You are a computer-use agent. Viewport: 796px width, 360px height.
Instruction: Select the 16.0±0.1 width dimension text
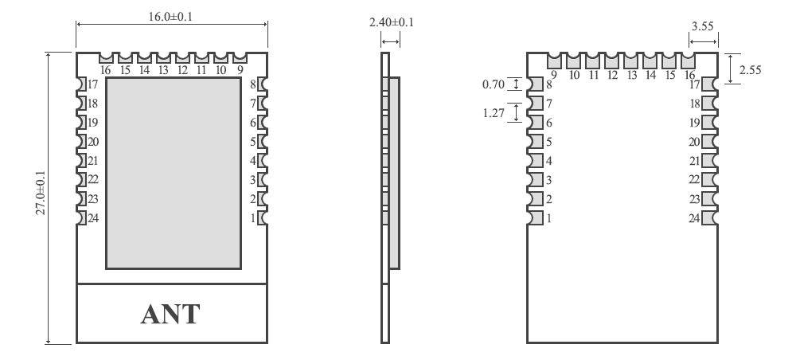171,14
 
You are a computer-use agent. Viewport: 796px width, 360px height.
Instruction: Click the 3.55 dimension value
702,26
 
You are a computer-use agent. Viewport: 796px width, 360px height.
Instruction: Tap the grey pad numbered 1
535,217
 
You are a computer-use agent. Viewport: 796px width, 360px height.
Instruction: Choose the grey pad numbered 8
535,84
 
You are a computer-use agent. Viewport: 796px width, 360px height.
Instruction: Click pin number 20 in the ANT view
93,142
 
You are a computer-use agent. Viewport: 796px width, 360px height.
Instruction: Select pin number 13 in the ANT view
163,70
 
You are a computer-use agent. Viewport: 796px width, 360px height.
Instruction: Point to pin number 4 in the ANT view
253,161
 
